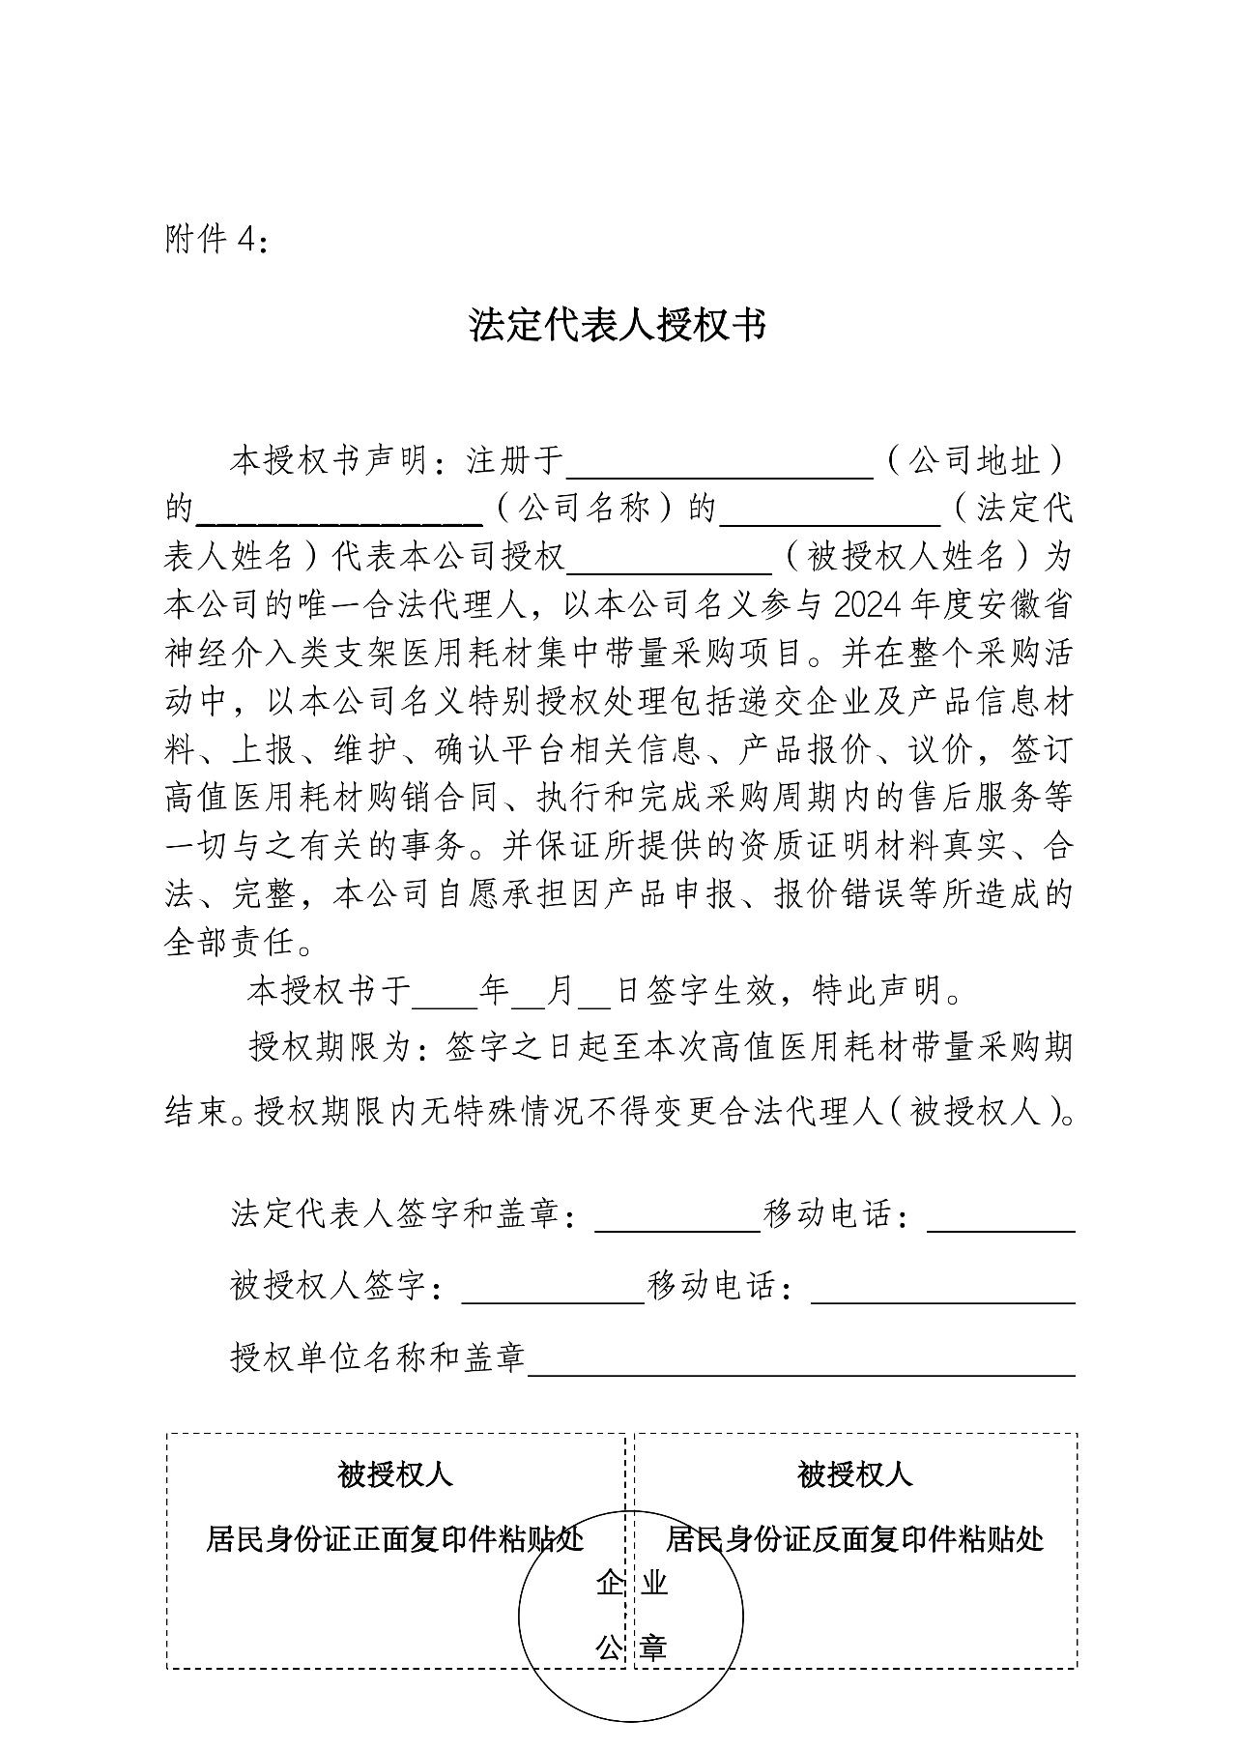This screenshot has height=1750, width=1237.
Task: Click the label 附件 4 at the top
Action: (215, 239)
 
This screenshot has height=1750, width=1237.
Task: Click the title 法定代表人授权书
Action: (618, 326)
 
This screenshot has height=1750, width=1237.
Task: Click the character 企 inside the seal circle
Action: (609, 1584)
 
